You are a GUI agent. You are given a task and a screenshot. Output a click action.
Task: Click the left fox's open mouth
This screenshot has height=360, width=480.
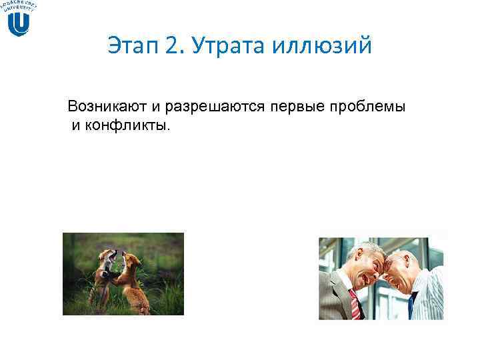tap(114, 255)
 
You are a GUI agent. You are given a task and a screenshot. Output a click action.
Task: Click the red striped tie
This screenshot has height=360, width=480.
tap(353, 304)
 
